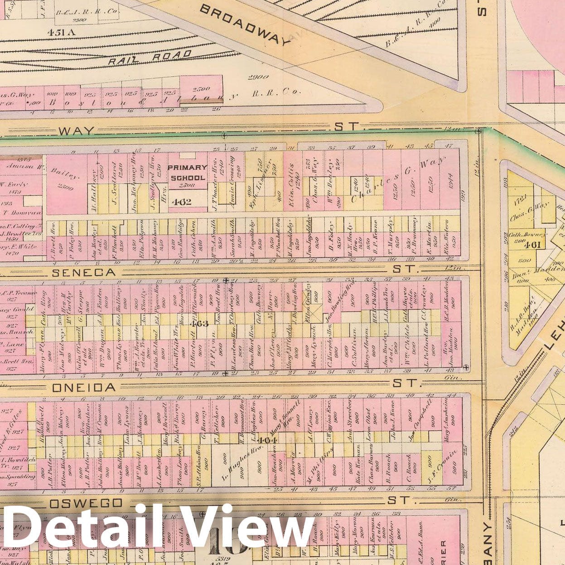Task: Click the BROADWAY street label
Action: pos(244,26)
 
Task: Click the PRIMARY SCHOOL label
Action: pos(188,173)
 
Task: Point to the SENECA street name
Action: pos(84,272)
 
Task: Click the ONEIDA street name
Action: pos(84,388)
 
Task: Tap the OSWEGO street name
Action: pos(86,503)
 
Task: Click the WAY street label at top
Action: pos(76,131)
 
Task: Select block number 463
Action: pos(199,324)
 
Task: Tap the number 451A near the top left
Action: pos(60,32)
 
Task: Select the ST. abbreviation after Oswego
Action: pos(398,500)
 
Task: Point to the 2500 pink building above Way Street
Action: pos(201,89)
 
